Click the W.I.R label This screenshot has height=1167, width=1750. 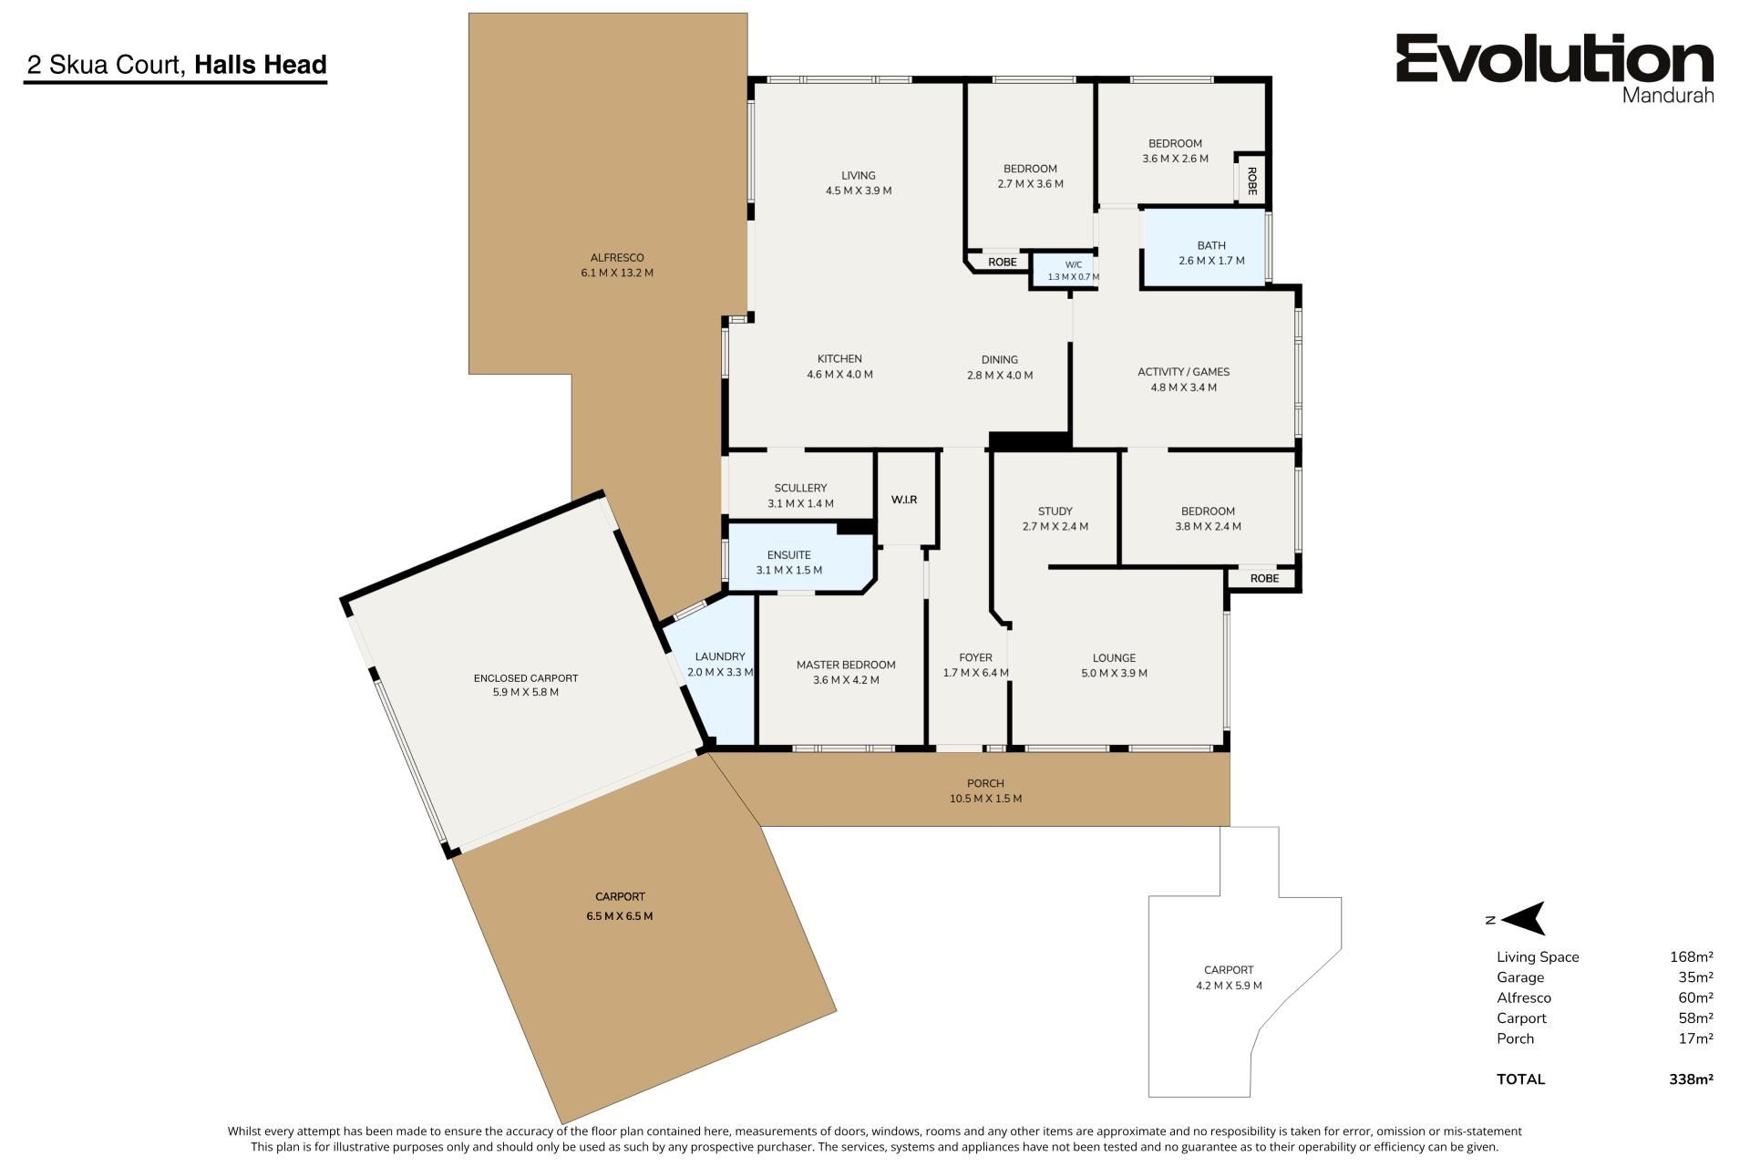pos(904,500)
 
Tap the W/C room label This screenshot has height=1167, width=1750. pos(1073,265)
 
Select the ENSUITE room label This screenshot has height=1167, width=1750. pos(788,554)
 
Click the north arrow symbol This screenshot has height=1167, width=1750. pos(1522,918)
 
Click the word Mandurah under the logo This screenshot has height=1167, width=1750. pos(1668,95)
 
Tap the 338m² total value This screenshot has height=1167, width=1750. pos(1691,1079)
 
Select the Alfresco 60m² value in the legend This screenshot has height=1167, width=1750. pos(1695,997)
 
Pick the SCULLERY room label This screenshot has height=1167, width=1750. pos(800,488)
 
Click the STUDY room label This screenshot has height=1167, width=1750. pos(1055,511)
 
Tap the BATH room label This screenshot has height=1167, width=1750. pos(1211,245)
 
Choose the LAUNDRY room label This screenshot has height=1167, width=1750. pos(720,656)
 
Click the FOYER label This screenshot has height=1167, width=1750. pos(975,657)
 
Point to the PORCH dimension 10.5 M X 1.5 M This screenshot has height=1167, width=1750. pos(985,799)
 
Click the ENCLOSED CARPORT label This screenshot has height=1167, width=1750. pos(526,677)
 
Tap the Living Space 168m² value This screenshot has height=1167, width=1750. pos(1692,956)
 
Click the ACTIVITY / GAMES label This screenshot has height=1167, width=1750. pos(1183,372)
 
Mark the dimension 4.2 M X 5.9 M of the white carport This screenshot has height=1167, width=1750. pos(1229,986)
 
